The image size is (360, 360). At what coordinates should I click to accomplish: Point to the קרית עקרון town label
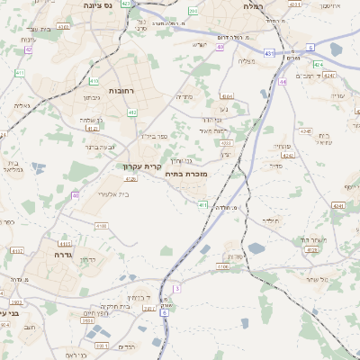coord(141,166)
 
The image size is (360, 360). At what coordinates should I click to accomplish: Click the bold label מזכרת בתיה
coord(188,173)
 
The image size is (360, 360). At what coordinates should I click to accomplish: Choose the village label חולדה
coord(271,220)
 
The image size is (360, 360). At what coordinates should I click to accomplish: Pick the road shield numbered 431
coord(271,54)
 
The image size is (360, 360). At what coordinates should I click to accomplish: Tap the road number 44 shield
coord(283,81)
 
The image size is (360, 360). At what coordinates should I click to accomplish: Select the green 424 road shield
coord(318,65)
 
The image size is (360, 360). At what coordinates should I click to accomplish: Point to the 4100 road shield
coord(101,227)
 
